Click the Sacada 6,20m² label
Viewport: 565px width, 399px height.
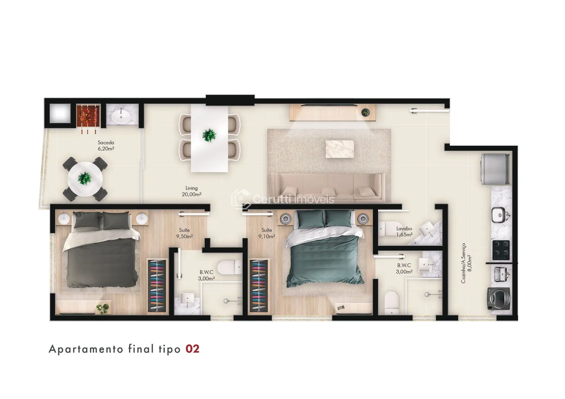point(106,146)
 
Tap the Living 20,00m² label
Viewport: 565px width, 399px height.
point(192,191)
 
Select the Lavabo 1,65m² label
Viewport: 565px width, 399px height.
point(404,231)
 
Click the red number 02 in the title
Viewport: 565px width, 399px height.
point(193,349)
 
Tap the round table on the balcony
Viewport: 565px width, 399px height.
point(85,179)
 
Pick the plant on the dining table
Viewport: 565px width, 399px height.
point(209,135)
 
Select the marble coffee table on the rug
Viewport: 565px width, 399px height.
point(340,149)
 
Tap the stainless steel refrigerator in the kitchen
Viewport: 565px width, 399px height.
point(495,169)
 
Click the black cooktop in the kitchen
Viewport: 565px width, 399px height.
point(501,250)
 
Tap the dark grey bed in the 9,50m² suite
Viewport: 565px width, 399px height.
point(102,249)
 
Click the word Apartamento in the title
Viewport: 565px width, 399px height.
point(86,349)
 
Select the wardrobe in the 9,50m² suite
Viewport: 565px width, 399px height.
point(157,286)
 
